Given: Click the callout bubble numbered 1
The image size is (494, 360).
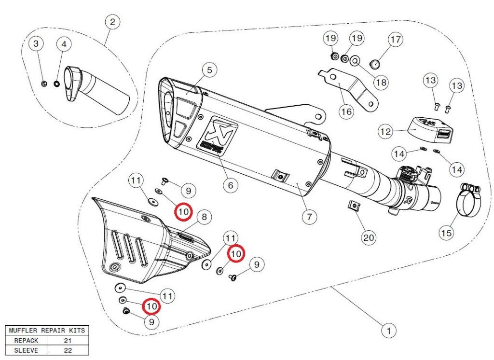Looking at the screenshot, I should pos(388,331).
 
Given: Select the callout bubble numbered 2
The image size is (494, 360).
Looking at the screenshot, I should pos(112,22).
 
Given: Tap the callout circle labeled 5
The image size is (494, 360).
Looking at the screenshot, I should pos(209,70).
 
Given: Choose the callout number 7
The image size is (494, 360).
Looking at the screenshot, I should pos(309,216).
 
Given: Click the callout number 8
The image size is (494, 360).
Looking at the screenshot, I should pos(204,217).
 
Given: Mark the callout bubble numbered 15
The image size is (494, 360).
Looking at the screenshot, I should pos(446,233).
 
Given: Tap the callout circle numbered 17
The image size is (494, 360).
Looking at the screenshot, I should pos(396,40).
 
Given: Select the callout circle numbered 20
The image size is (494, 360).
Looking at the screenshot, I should pos(369,237).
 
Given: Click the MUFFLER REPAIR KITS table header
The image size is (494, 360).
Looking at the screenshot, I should pos(47,331).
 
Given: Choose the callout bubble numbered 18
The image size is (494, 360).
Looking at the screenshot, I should pos(381,82).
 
